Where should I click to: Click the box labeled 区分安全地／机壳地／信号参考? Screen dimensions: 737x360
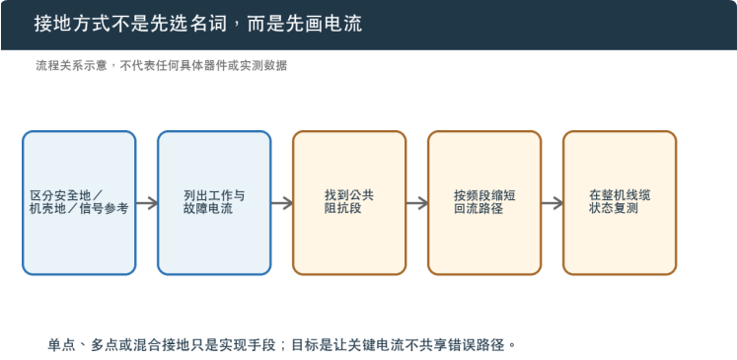79,203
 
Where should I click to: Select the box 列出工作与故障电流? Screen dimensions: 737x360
214,203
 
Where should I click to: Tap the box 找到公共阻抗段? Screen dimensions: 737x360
349,203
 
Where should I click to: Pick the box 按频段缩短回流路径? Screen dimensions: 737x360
484,203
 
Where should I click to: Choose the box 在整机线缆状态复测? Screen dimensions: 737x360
620,203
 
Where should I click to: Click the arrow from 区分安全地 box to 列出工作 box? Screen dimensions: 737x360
147,203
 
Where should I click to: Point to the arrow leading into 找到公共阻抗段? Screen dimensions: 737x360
282,203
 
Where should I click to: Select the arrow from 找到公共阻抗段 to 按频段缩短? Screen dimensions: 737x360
417,203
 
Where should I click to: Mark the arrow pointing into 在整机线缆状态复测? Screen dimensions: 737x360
553,203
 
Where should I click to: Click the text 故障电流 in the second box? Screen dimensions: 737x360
208,209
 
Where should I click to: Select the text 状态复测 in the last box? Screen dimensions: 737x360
614,208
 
